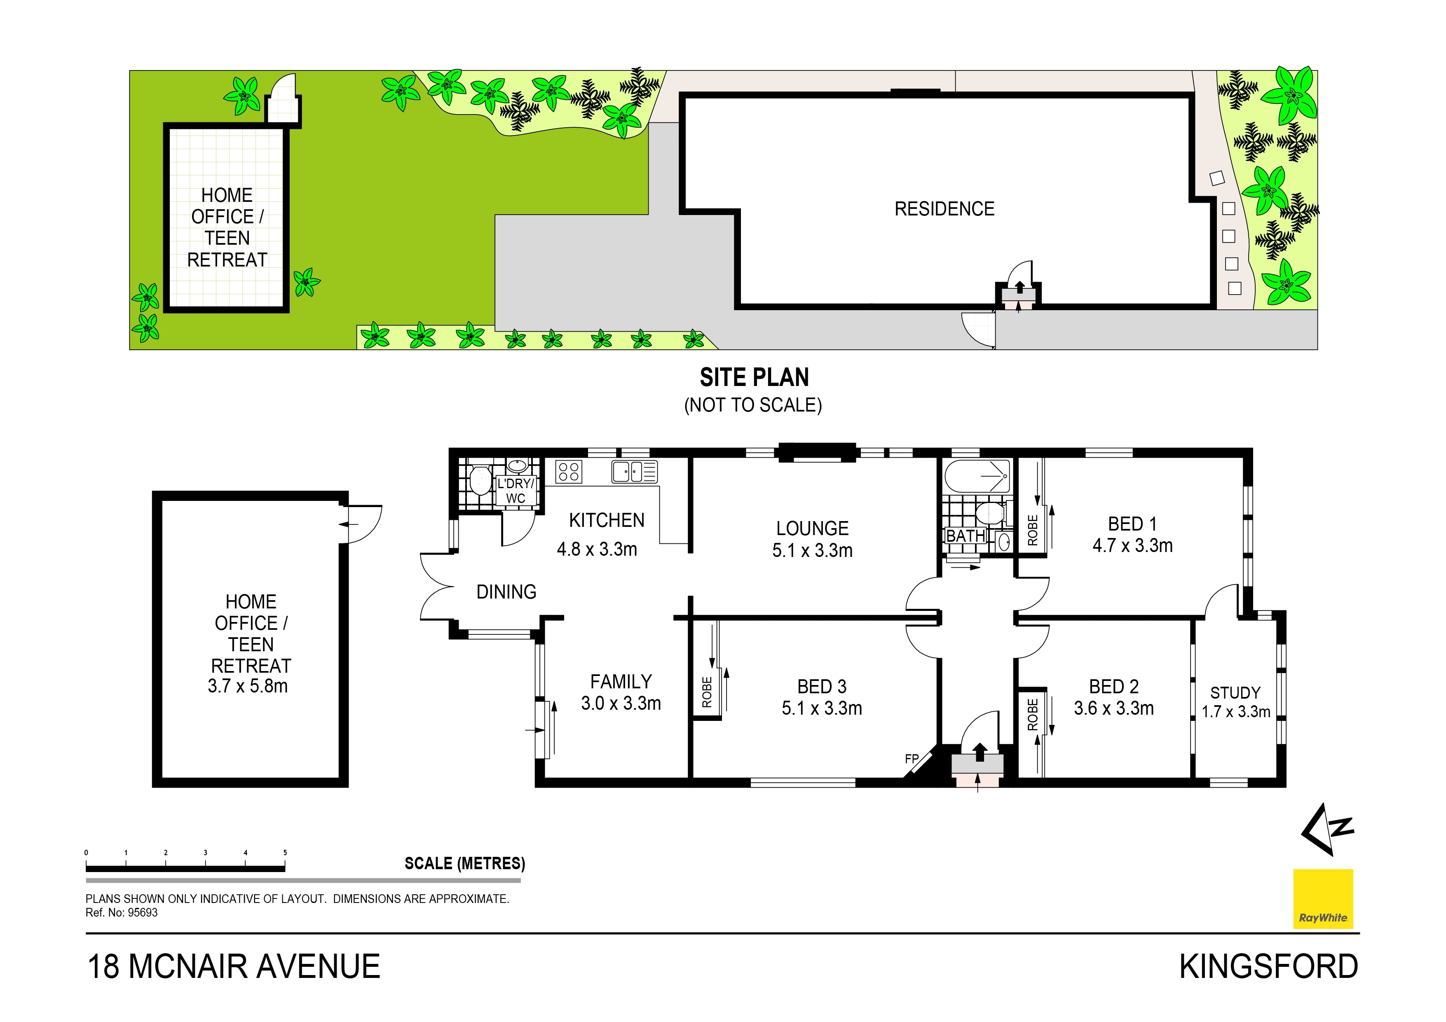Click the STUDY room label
pos(1235,693)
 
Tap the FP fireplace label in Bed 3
pos(911,759)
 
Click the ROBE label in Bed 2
pos(1032,715)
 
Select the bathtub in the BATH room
pos(976,476)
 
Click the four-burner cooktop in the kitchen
pos(568,472)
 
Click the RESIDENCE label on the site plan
pos(944,209)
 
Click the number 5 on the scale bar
pos(285,853)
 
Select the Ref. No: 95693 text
pos(122,912)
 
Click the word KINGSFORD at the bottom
pos(1268,966)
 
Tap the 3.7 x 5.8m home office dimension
pos(248,686)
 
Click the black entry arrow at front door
pos(980,752)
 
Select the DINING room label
pos(506,592)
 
